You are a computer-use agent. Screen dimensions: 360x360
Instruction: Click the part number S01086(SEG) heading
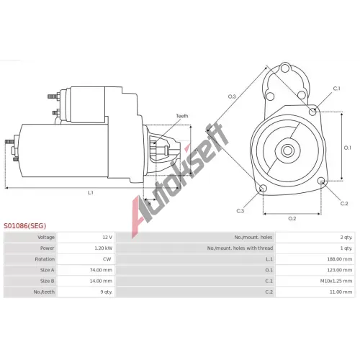pos(24,226)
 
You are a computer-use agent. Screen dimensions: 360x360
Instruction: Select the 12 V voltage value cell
pos(107,238)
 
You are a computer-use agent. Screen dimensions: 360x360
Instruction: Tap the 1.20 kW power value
pos(103,248)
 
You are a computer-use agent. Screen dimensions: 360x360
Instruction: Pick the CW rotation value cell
pos(107,259)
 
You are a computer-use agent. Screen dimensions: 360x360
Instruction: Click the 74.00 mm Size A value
pos(101,270)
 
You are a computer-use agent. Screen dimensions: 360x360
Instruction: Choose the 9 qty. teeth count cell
pos(107,292)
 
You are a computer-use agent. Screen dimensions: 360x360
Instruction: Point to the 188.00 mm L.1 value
pos(340,259)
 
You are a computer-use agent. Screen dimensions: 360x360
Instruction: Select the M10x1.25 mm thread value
pos(336,281)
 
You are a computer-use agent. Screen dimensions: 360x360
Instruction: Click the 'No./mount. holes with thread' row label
pos(240,248)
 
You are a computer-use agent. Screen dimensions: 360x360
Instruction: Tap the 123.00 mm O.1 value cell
pos(340,270)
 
